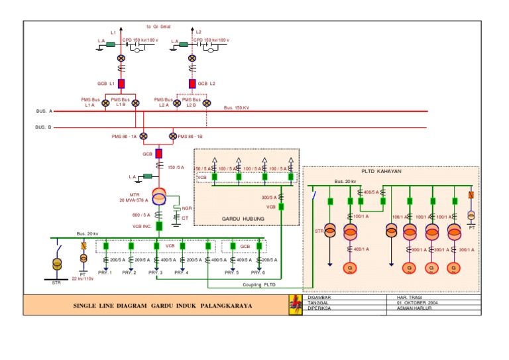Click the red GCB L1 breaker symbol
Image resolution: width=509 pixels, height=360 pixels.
pyautogui.click(x=121, y=84)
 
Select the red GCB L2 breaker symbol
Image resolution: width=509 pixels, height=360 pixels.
pyautogui.click(x=192, y=84)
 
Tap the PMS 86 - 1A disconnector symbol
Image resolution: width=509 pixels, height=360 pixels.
pyautogui.click(x=143, y=136)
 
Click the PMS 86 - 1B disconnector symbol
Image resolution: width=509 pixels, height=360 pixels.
pyautogui.click(x=173, y=136)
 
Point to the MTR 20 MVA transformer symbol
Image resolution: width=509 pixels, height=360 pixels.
pyautogui.click(x=159, y=197)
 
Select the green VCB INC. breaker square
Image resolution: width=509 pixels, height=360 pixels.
pyautogui.click(x=159, y=226)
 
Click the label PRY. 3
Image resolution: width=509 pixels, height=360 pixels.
pyautogui.click(x=156, y=272)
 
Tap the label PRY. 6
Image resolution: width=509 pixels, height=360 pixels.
pyautogui.click(x=258, y=272)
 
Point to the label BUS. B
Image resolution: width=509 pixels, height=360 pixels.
pyautogui.click(x=44, y=126)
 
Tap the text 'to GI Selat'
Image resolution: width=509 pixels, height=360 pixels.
pyautogui.click(x=158, y=27)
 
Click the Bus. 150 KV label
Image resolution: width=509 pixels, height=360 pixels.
pyautogui.click(x=237, y=107)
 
